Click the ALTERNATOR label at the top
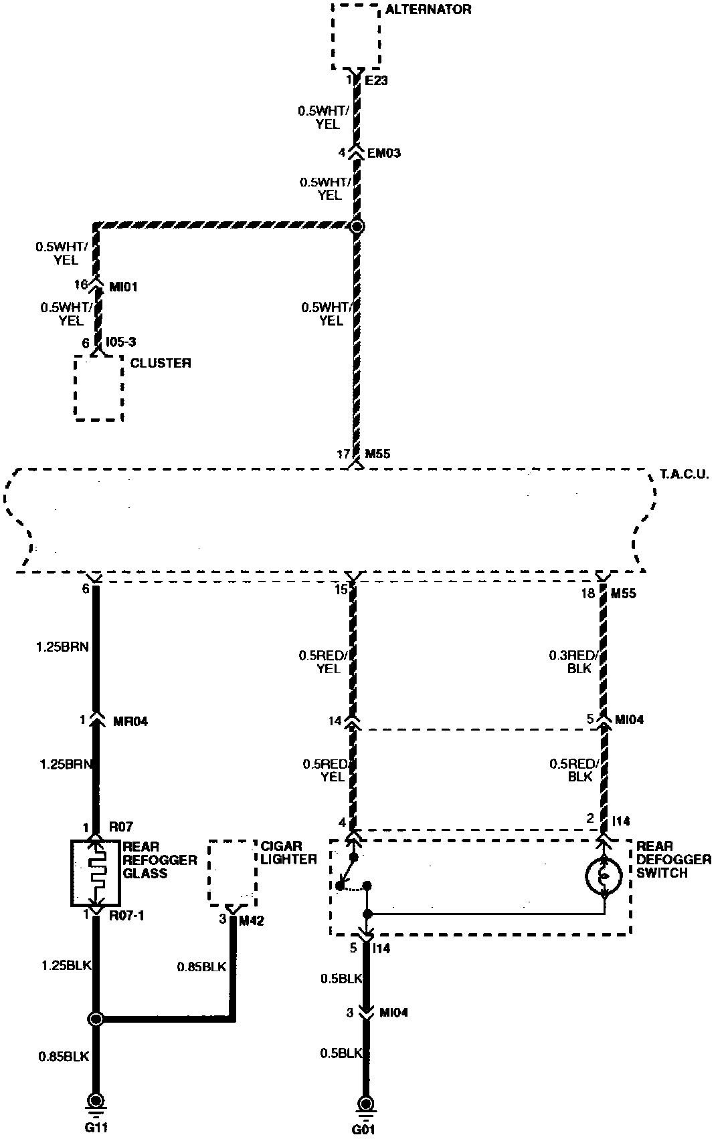click(x=428, y=10)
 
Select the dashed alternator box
click(x=356, y=37)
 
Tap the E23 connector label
click(x=376, y=80)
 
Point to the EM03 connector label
click(x=384, y=153)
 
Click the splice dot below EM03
click(x=357, y=227)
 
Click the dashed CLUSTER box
click(x=98, y=388)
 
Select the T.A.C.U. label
click(x=686, y=476)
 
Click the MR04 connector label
click(x=130, y=721)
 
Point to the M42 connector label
click(x=252, y=920)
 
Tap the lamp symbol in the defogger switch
click(x=604, y=876)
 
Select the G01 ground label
click(x=365, y=1130)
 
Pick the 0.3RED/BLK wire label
click(x=571, y=662)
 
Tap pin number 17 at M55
click(x=343, y=455)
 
